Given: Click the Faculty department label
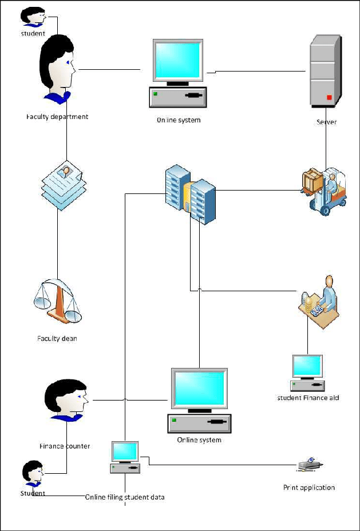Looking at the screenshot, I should point(57,117).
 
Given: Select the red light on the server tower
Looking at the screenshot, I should point(330,97).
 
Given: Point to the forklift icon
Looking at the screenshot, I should point(324,191).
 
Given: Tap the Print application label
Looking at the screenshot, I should point(309,488).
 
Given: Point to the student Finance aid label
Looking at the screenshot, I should point(308,398).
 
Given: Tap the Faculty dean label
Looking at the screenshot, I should point(57,338).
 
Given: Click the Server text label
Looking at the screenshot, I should point(327,122).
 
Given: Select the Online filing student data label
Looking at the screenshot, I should point(125,497).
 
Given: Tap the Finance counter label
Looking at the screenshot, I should point(65,446).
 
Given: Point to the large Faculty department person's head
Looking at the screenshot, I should point(58,68).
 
